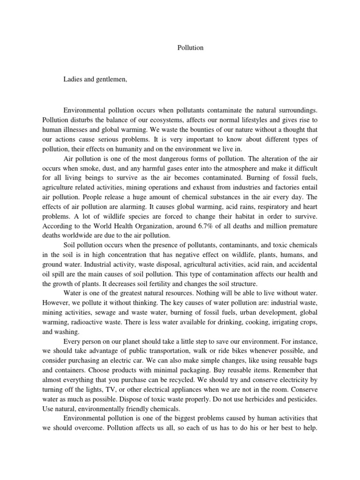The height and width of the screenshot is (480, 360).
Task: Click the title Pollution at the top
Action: pyautogui.click(x=191, y=48)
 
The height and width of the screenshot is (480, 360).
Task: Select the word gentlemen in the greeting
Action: pyautogui.click(x=111, y=79)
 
